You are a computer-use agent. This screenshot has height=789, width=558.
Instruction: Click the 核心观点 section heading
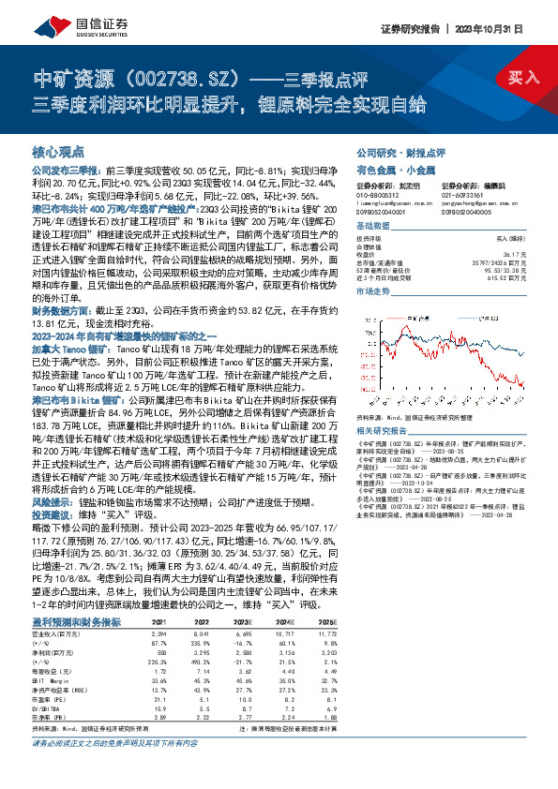58,150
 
